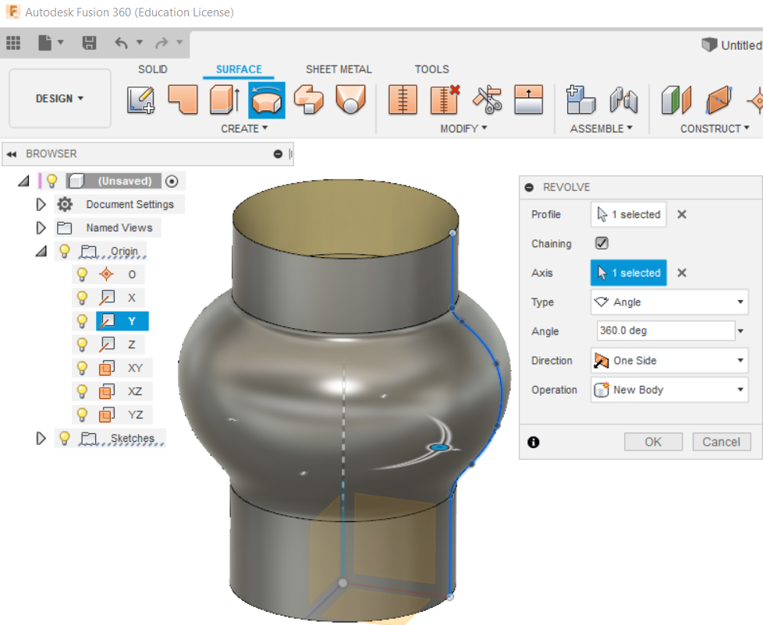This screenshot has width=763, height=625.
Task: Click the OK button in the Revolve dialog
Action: coord(653,442)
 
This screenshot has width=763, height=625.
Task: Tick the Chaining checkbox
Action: coord(602,243)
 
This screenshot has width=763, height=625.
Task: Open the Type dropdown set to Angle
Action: coord(669,302)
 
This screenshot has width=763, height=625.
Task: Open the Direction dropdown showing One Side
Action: coord(669,361)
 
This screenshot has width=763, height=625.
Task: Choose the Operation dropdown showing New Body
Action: coord(669,390)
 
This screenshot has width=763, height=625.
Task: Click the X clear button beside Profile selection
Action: coord(682,214)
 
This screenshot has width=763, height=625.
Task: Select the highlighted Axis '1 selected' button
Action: coord(629,273)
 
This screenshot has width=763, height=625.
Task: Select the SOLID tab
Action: coord(153,69)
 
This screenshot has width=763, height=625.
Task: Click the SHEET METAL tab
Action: coord(339,69)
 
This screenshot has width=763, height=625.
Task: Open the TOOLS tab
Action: coord(431,69)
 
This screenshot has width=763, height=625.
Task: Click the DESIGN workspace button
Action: coord(59,99)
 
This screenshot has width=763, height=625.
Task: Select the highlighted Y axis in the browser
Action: coord(131,321)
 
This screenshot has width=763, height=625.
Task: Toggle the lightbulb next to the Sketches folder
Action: coord(65,438)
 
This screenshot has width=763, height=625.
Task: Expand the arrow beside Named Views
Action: coord(41,228)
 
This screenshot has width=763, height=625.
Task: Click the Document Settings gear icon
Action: coord(65,204)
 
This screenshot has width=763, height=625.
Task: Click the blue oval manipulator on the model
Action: coord(439,447)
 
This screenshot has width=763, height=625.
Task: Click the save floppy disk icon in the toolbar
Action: coord(90,43)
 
